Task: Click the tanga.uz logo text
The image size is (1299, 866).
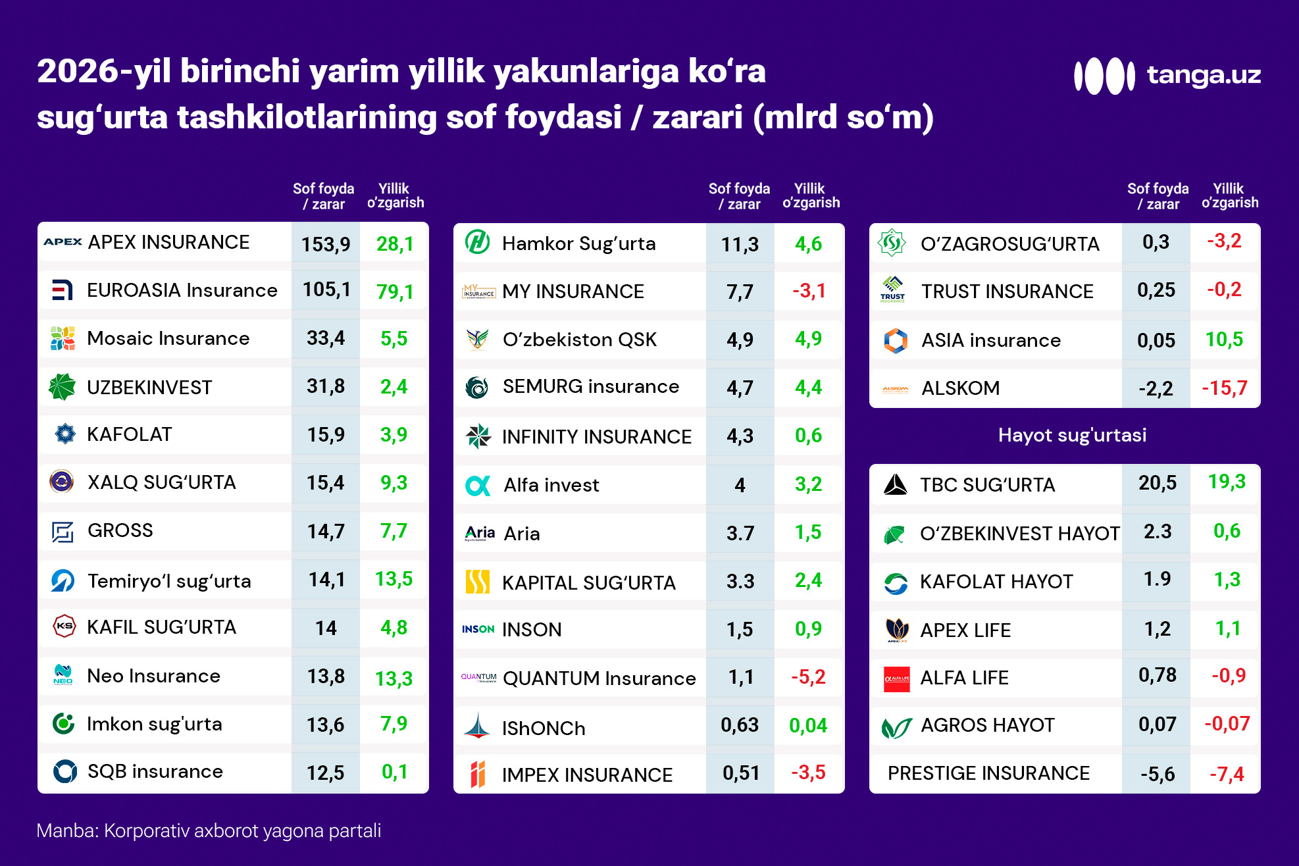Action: [x=1204, y=75]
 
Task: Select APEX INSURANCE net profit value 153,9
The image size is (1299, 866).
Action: [x=326, y=244]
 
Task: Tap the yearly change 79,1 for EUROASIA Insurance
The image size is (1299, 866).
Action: [x=395, y=292]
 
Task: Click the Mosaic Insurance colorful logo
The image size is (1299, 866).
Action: [x=63, y=338]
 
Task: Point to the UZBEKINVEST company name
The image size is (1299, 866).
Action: [x=149, y=387]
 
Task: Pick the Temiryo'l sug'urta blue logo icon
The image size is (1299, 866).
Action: [x=63, y=580]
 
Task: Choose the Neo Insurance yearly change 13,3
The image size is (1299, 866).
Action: [x=394, y=678]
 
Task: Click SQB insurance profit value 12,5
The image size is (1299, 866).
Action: [x=326, y=772]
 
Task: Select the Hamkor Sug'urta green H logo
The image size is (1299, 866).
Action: [x=478, y=242]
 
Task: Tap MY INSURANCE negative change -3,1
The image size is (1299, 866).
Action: [x=809, y=291]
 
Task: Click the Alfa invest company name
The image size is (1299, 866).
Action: [x=551, y=485]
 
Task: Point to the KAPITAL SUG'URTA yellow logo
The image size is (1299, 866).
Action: [x=478, y=582]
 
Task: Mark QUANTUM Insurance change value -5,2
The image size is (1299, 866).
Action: [x=808, y=677]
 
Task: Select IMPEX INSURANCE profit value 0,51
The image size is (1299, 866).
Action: [x=741, y=773]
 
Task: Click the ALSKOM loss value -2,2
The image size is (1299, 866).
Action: [x=1156, y=388]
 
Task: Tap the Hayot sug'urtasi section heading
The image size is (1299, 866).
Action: [x=1072, y=435]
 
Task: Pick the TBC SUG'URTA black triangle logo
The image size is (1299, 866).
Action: [x=896, y=485]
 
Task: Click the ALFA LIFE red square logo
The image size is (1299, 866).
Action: [x=896, y=678]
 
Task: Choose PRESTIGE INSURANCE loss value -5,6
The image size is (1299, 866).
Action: [x=1158, y=774]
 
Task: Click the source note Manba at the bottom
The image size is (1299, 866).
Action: [x=209, y=830]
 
